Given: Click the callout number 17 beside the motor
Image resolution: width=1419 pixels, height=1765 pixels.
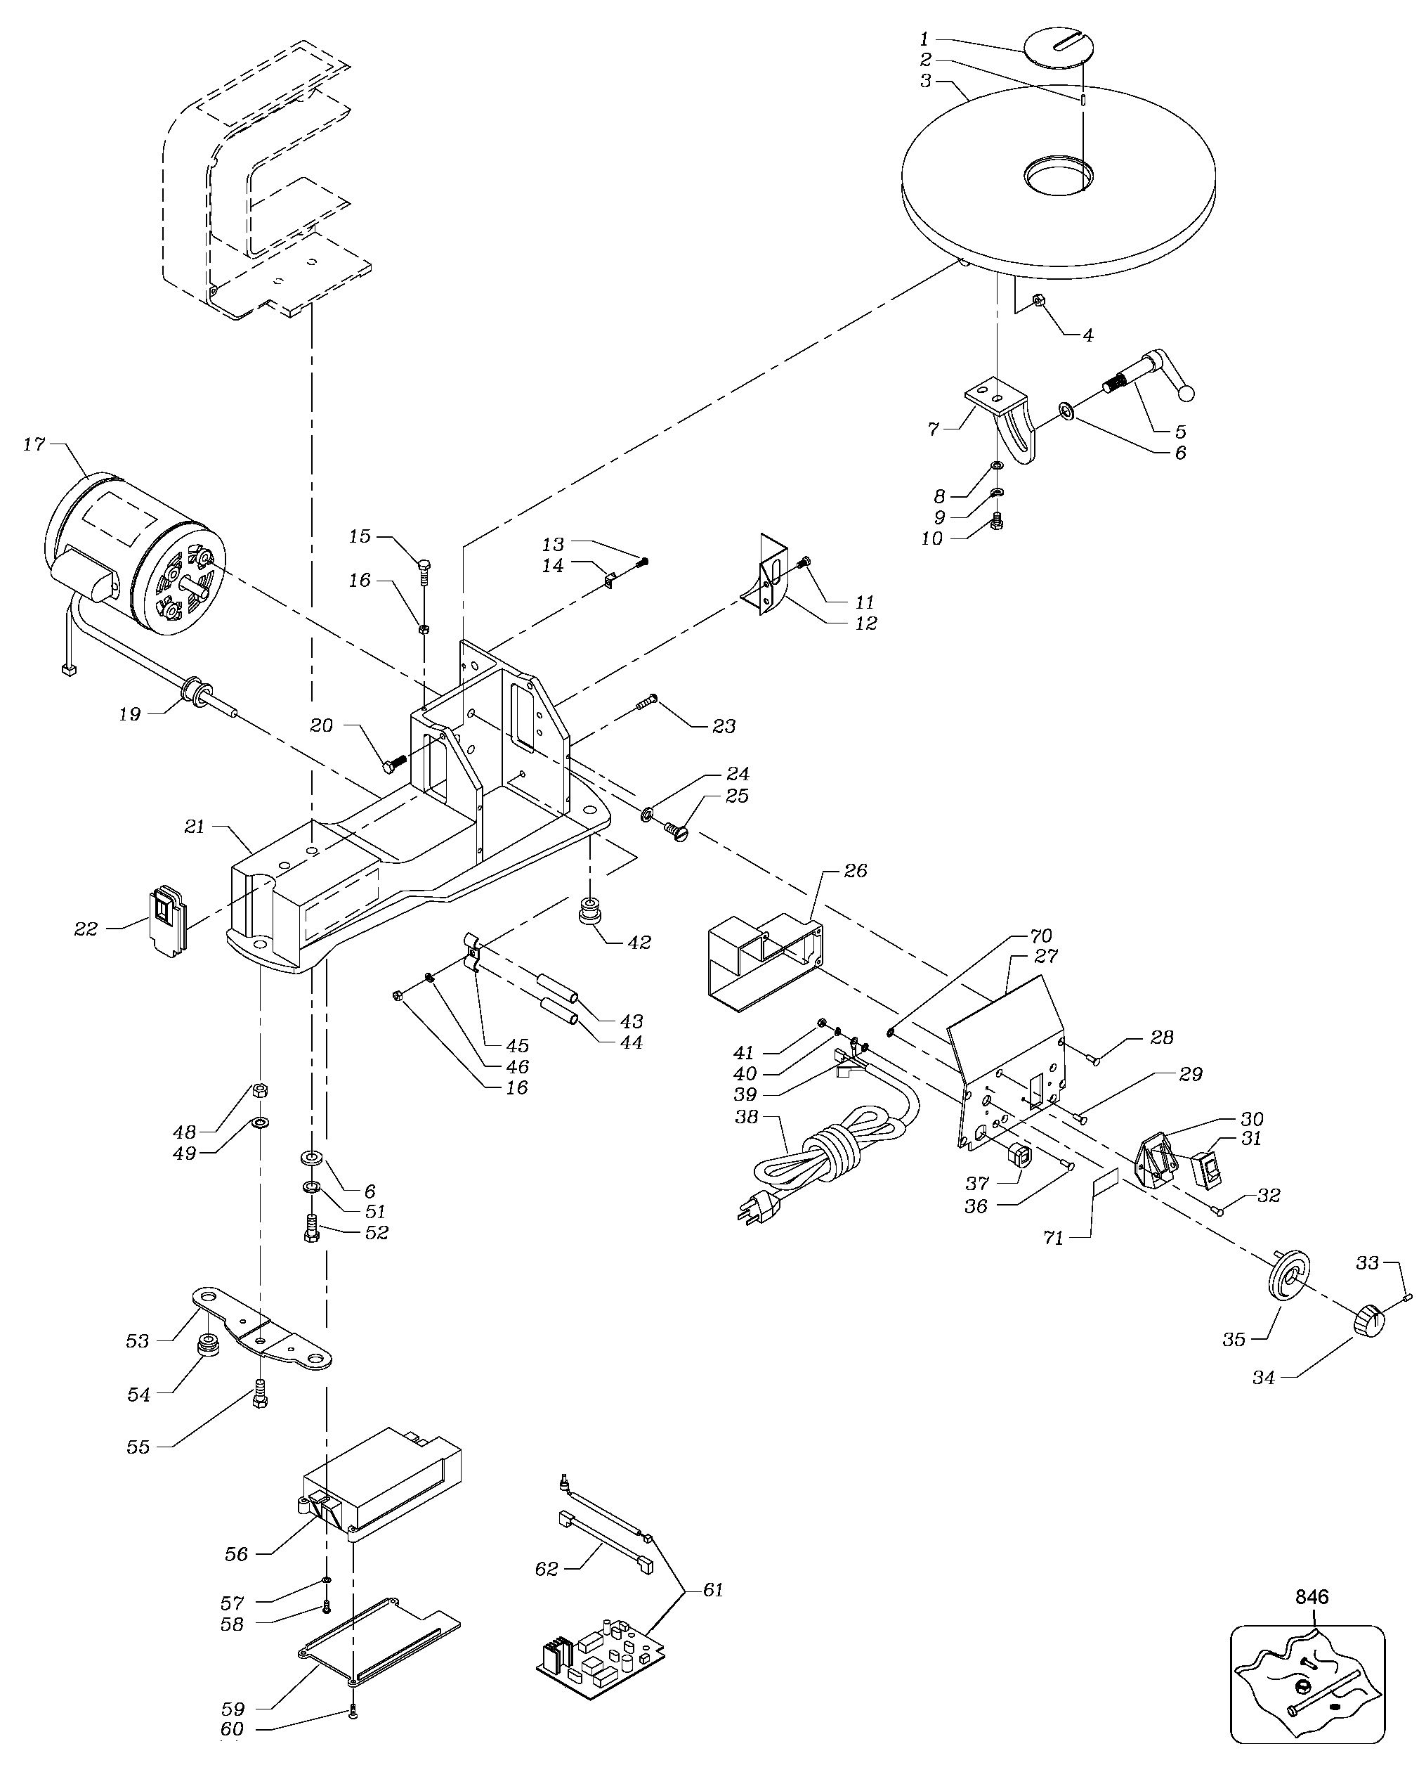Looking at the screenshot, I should pyautogui.click(x=34, y=444).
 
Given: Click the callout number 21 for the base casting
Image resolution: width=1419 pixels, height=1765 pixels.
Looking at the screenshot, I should pyautogui.click(x=194, y=826).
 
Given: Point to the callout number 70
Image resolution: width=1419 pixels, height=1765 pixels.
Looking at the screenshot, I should pyautogui.click(x=1041, y=935).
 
